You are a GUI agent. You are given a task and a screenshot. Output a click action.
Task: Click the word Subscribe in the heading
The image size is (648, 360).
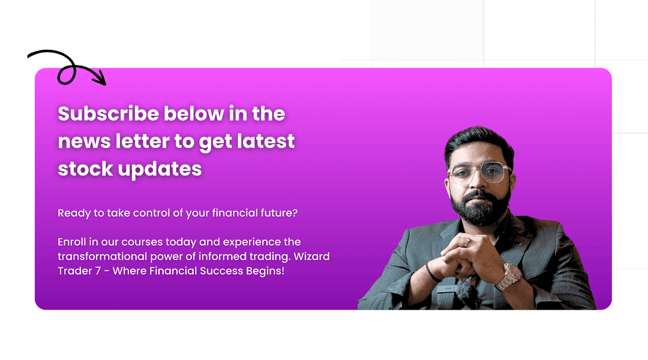[x=108, y=113]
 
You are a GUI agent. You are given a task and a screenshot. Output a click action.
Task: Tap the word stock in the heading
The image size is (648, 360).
[x=85, y=169]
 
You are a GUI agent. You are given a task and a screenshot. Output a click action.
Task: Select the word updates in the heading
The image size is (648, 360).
[x=160, y=169]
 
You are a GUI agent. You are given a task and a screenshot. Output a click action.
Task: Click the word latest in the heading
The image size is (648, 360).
[x=266, y=141]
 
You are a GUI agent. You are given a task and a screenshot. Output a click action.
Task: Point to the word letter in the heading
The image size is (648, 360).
[x=142, y=141]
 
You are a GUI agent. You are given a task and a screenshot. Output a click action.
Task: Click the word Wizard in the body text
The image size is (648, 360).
[x=311, y=256]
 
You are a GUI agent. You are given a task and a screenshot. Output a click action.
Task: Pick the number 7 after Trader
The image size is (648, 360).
[x=98, y=271]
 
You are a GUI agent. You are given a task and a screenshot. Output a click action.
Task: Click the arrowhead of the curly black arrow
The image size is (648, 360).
[x=100, y=79]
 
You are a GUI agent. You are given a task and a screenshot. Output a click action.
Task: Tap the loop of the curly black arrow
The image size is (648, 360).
[x=66, y=75]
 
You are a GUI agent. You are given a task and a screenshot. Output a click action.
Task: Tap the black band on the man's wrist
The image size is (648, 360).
[x=430, y=273]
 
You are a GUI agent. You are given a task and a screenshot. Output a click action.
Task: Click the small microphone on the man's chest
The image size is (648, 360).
[x=464, y=289]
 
